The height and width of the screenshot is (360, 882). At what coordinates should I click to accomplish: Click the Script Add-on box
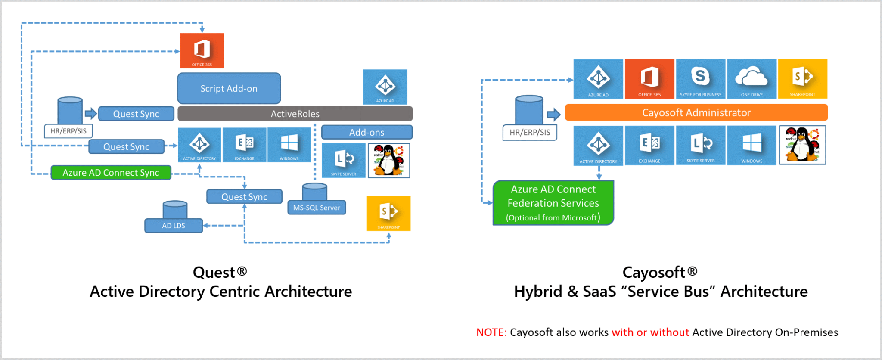coord(229,88)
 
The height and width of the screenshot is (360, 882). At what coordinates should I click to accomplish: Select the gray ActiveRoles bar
coord(295,114)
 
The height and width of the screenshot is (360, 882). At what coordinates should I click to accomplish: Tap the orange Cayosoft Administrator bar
coord(696,112)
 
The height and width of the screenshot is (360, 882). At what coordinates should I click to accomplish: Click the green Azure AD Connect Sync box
coord(111,173)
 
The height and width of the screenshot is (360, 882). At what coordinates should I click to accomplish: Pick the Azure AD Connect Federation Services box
coord(553,203)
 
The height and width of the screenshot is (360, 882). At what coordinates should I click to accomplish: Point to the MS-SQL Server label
coord(317,208)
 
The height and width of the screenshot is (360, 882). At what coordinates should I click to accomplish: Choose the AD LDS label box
coord(174,226)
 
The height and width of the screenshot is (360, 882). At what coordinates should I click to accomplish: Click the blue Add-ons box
coord(366,132)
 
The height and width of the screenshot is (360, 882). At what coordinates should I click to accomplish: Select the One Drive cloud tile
coord(752,79)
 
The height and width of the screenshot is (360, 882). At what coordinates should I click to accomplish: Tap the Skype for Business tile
coord(700,79)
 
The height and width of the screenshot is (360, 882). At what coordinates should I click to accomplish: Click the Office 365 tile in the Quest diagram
coord(202,50)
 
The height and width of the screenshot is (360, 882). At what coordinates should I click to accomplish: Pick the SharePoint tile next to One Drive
coord(802,79)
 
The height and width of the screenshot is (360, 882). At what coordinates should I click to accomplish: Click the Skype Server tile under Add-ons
coord(343,161)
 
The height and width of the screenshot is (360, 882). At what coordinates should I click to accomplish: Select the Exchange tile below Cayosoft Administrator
coord(649,146)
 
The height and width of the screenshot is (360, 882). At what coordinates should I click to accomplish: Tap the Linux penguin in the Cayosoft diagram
coord(802,145)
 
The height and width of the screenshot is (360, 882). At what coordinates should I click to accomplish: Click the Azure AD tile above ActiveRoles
coord(385,87)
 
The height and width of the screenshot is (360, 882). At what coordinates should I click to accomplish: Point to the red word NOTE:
coord(491,332)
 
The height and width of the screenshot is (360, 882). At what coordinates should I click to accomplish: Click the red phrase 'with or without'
coord(650,332)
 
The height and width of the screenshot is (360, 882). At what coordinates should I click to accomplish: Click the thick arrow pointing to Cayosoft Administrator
coord(553,115)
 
